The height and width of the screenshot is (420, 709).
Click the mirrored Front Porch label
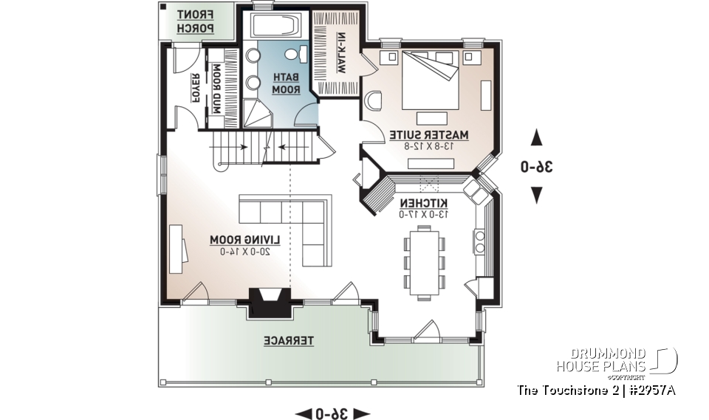click(x=196, y=21)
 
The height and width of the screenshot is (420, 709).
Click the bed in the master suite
click(x=430, y=79)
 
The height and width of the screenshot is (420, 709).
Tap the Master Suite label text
click(x=429, y=135)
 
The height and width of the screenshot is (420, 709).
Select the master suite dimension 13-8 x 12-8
click(x=429, y=146)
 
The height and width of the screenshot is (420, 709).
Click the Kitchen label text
click(x=423, y=202)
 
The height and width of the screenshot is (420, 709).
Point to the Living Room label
click(x=240, y=240)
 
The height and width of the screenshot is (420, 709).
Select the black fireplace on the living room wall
click(x=271, y=301)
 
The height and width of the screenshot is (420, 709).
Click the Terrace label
click(x=290, y=340)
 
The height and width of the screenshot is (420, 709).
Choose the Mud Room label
click(x=217, y=88)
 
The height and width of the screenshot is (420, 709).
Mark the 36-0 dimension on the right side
click(x=537, y=167)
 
